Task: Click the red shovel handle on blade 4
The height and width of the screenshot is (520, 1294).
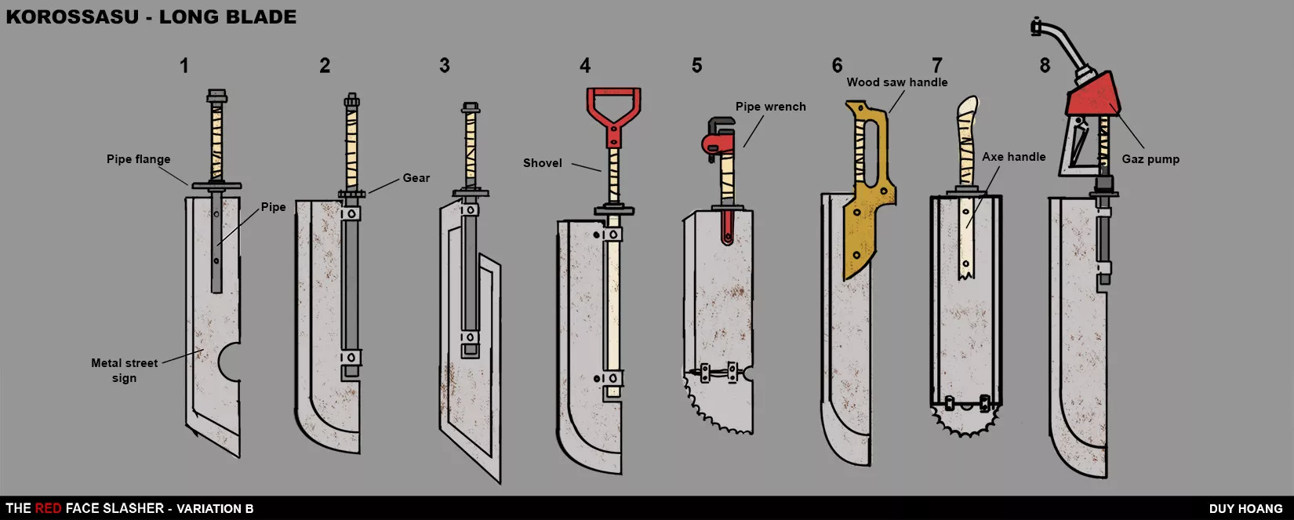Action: coord(613,115)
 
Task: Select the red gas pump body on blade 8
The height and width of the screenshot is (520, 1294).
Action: coord(1093,96)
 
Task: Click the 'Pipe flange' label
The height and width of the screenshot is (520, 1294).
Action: coord(138,159)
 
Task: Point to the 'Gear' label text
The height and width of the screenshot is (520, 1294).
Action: coord(416,178)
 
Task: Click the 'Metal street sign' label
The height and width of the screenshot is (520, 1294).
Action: coord(124,370)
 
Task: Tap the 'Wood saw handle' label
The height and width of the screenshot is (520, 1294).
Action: coord(897,82)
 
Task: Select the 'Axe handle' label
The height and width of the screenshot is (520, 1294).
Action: coord(1014,157)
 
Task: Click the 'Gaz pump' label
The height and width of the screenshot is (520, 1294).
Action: coord(1150,159)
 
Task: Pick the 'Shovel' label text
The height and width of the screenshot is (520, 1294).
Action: coord(543,163)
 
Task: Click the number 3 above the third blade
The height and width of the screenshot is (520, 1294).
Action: coord(444,65)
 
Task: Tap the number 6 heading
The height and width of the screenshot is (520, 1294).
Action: coord(837,65)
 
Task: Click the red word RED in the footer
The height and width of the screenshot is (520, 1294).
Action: coord(48,508)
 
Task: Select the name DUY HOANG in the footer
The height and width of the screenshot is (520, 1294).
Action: coord(1246,509)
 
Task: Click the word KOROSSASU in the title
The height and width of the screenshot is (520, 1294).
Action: coord(72,16)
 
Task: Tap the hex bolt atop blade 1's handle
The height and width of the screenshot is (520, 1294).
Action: coord(216,96)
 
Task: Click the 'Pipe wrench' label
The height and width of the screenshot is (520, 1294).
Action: coord(771,107)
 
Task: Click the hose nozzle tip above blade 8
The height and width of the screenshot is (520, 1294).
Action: coord(1036,27)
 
